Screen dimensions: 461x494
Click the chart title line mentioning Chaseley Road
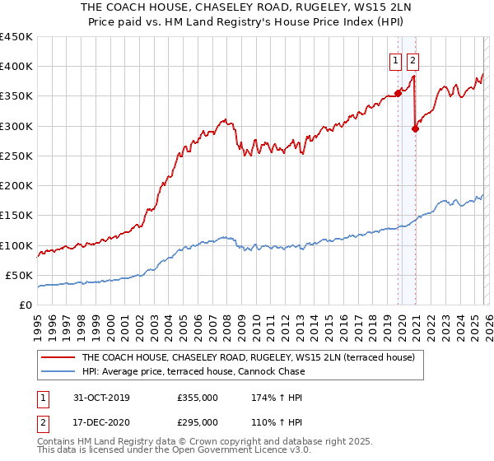click(247, 7)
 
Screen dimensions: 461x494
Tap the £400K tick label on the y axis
click(16, 67)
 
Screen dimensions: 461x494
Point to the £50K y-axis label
click(20, 275)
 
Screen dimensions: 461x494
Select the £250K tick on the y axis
click(16, 156)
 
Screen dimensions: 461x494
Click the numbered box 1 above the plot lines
click(396, 59)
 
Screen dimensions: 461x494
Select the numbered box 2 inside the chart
click(412, 59)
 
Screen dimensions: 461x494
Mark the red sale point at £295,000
click(416, 128)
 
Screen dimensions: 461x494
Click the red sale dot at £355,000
click(398, 93)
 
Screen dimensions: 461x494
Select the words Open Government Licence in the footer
click(198, 454)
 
